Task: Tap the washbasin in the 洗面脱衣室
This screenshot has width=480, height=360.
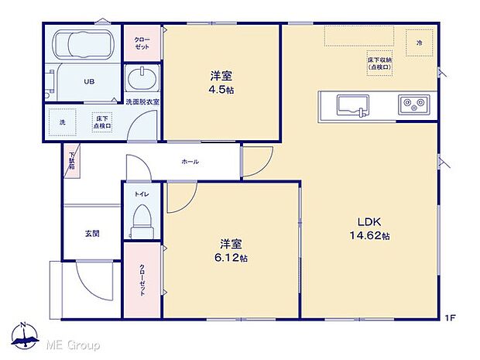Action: [x=140, y=81]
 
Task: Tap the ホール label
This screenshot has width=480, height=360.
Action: [x=190, y=162]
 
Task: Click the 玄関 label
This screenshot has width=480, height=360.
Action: [x=91, y=233]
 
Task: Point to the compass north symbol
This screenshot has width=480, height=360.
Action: [x=26, y=335]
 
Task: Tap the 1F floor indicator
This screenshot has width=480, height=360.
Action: [x=450, y=317]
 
